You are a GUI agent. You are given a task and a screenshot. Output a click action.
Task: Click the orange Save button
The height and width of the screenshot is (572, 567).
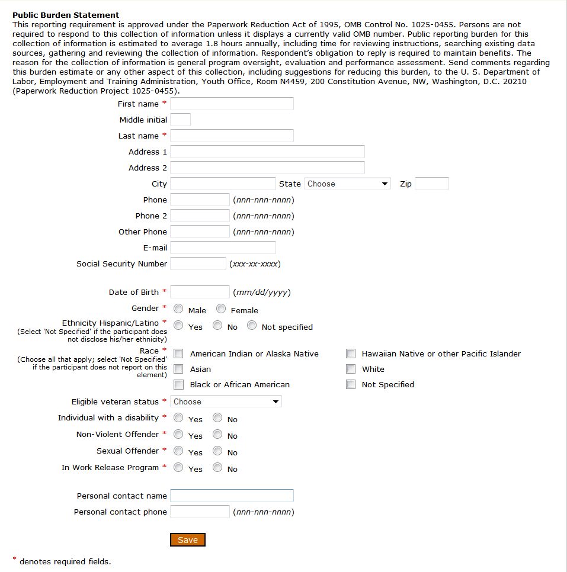tap(188, 539)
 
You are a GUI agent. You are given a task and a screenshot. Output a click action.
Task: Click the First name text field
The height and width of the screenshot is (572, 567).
tap(232, 104)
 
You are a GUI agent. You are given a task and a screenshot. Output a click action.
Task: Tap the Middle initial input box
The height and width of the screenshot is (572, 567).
tap(181, 120)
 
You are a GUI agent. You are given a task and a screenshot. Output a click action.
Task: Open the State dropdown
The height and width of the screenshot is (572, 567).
tap(347, 184)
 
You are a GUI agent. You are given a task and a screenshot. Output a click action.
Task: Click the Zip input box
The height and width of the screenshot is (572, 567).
tap(432, 184)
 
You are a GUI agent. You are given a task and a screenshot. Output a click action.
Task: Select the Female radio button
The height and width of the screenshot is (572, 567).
tap(221, 309)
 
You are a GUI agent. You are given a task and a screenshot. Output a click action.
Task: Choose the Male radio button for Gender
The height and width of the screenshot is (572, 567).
tap(178, 309)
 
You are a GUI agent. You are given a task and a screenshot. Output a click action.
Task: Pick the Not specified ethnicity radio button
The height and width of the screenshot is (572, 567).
tap(252, 325)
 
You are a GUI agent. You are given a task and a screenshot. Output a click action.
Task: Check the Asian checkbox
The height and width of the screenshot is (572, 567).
tap(178, 369)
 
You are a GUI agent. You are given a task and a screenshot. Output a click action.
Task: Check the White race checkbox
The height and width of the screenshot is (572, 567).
tap(351, 369)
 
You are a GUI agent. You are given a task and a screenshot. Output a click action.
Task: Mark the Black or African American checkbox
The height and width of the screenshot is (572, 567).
tap(178, 384)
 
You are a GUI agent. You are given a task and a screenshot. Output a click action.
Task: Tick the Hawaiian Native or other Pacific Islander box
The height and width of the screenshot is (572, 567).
tap(351, 354)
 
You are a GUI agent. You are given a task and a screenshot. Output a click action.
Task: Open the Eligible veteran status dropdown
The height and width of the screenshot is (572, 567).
tap(226, 401)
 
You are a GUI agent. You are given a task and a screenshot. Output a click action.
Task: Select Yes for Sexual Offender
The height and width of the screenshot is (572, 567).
tap(178, 451)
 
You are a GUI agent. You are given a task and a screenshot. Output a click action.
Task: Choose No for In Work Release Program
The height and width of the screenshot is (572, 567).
tap(217, 467)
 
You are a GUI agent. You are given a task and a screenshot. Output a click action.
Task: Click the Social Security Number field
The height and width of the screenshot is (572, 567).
tap(198, 263)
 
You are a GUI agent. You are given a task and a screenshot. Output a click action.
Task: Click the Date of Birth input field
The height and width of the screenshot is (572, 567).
tap(200, 292)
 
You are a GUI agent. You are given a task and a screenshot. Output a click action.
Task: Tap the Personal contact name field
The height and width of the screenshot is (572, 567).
tap(232, 496)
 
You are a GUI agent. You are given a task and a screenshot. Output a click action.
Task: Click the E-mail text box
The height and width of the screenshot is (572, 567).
tap(223, 248)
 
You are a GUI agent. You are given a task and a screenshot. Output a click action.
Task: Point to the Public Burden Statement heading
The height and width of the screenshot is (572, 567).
tap(66, 15)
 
